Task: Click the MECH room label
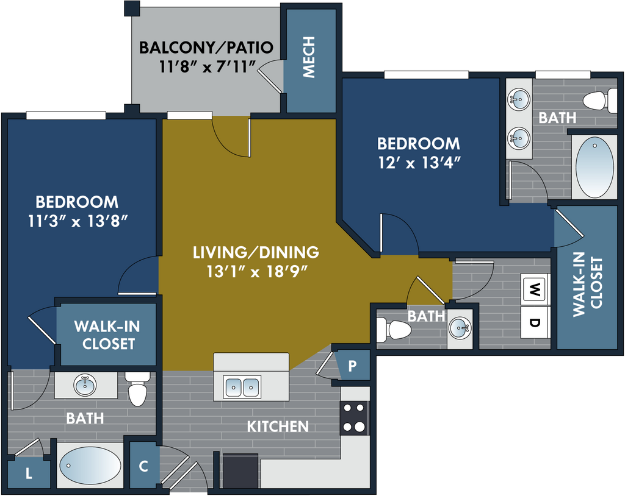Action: pos(309,57)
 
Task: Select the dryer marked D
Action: pos(536,322)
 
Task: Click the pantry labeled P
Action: pos(352,366)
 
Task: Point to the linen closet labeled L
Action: pos(29,473)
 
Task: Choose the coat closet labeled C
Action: pos(144,466)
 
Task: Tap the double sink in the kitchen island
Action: pos(242,386)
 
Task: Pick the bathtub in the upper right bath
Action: pos(594,167)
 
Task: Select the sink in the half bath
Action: pos(460,328)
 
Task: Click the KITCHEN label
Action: pos(278,427)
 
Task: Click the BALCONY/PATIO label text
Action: pos(206,48)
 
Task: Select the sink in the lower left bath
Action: pos(85,385)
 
